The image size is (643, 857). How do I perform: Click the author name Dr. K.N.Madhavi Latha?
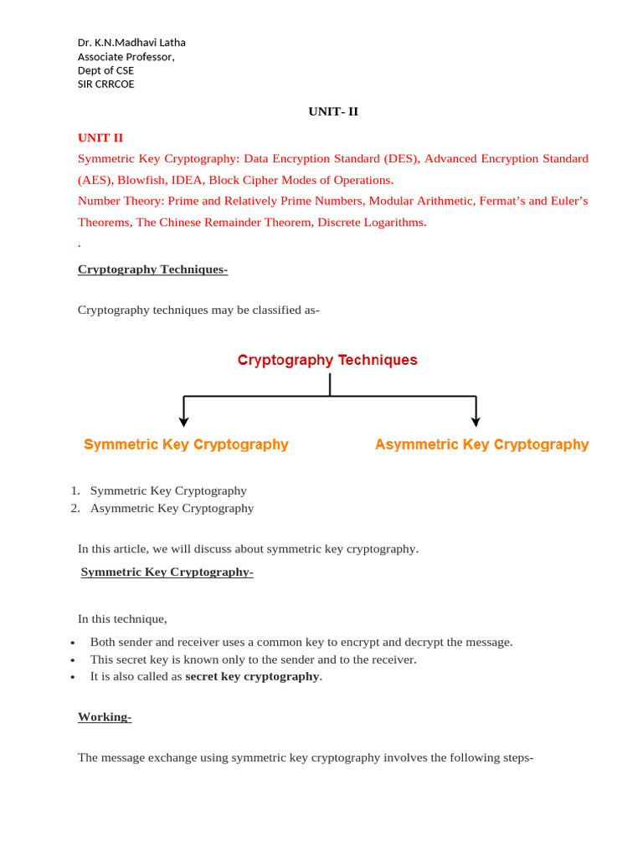click(x=131, y=43)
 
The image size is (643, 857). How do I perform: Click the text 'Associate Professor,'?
click(x=126, y=57)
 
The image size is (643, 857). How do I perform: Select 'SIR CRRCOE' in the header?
click(x=105, y=84)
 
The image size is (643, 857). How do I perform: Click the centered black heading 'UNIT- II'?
click(x=333, y=111)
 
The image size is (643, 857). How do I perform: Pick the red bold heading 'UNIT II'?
click(x=100, y=137)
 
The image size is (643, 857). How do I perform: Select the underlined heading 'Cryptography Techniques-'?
click(x=152, y=269)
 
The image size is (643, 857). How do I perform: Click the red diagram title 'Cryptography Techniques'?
click(x=327, y=360)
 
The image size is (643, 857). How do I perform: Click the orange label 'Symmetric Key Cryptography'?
click(x=186, y=444)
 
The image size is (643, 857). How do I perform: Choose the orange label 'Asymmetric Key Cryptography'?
click(x=481, y=444)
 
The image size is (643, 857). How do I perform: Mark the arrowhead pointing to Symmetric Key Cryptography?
click(x=184, y=422)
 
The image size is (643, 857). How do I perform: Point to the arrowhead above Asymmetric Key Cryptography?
click(x=476, y=422)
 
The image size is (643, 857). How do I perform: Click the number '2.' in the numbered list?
click(x=75, y=508)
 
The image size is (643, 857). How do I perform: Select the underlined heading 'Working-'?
click(x=105, y=716)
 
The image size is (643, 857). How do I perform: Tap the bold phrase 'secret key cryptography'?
click(x=252, y=676)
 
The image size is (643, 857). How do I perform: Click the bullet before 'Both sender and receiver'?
click(x=73, y=643)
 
